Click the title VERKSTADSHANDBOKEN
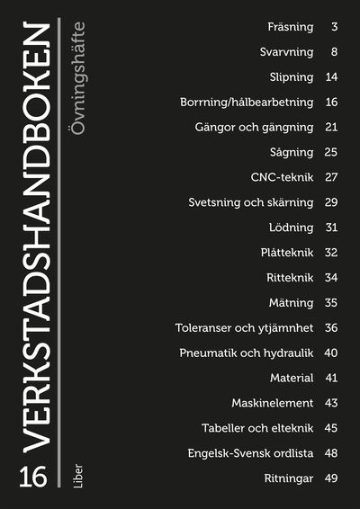pyautogui.click(x=33, y=238)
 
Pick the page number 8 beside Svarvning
pyautogui.click(x=334, y=52)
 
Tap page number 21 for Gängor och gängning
pyautogui.click(x=331, y=127)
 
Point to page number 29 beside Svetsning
pyautogui.click(x=331, y=202)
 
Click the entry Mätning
pyautogui.click(x=291, y=302)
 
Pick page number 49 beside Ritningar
pyautogui.click(x=331, y=478)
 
